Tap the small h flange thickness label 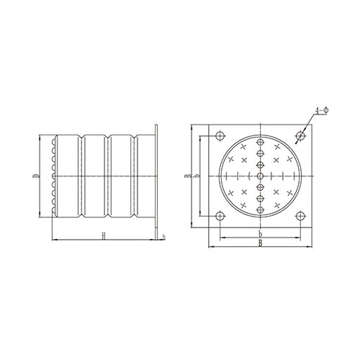coord(164,237)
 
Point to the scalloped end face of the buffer coord(55,176)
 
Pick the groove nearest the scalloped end coord(81,176)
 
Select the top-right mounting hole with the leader coord(299,134)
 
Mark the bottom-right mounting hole coord(299,217)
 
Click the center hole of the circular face coord(259,176)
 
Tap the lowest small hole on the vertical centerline coord(259,206)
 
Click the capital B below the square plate coord(259,246)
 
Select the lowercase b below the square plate coord(259,235)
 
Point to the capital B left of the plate coord(186,175)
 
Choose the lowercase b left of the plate coord(197,175)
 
